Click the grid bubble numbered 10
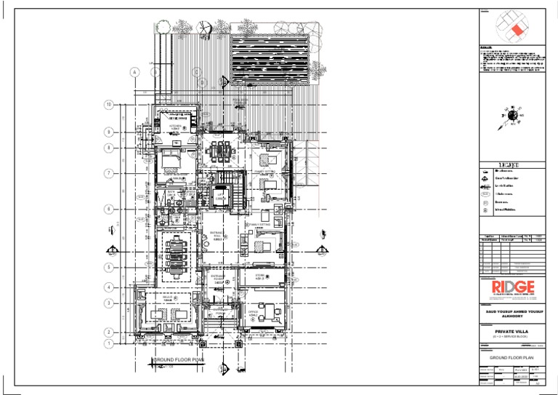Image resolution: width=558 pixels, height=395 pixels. point(108,105)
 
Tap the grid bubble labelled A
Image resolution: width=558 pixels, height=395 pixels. point(134,72)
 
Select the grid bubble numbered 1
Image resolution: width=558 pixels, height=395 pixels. point(108,343)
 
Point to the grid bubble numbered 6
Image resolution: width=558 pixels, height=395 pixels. point(108,209)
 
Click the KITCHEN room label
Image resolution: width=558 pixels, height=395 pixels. point(175,127)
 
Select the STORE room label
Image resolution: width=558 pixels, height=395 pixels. point(260,276)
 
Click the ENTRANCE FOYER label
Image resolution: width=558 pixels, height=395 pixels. point(217,279)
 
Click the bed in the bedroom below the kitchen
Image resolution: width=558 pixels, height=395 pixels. point(169,159)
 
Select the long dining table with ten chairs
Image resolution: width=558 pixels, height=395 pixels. point(175,252)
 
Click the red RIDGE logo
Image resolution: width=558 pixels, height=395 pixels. point(512,287)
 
